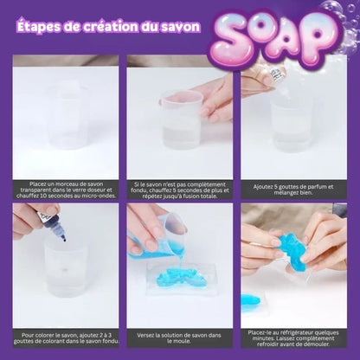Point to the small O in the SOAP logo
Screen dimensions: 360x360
coord(265,29)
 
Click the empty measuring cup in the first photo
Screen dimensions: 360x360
coord(68,115)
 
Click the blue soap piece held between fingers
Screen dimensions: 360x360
coord(289,252)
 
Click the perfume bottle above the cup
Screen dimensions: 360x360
coord(276,75)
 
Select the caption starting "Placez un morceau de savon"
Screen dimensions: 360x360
coord(66,190)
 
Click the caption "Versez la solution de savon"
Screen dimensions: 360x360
coord(179,338)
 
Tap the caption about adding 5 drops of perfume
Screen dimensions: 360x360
coord(293,190)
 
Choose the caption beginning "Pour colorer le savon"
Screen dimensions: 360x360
coord(66,338)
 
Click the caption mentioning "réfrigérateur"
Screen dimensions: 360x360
coord(293,338)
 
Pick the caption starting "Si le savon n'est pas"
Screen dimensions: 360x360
coord(179,190)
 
